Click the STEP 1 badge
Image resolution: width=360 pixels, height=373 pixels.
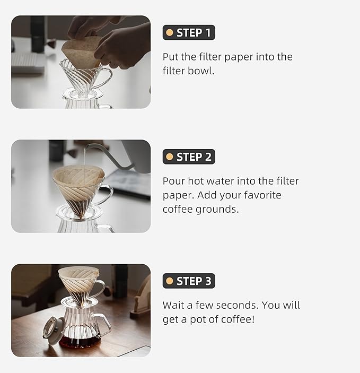point(189,33)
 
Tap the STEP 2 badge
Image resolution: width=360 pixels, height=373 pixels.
point(189,157)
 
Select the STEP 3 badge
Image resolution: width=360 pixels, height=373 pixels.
point(189,281)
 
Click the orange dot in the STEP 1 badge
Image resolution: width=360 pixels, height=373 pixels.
point(170,33)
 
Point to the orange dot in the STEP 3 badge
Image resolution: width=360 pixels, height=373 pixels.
point(170,281)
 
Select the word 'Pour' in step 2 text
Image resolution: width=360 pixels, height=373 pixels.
point(174,181)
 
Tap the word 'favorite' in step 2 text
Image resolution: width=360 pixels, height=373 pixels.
point(262,195)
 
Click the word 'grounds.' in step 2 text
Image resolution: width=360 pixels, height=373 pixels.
point(218,210)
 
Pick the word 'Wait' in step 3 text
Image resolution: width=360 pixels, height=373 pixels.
point(174,305)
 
